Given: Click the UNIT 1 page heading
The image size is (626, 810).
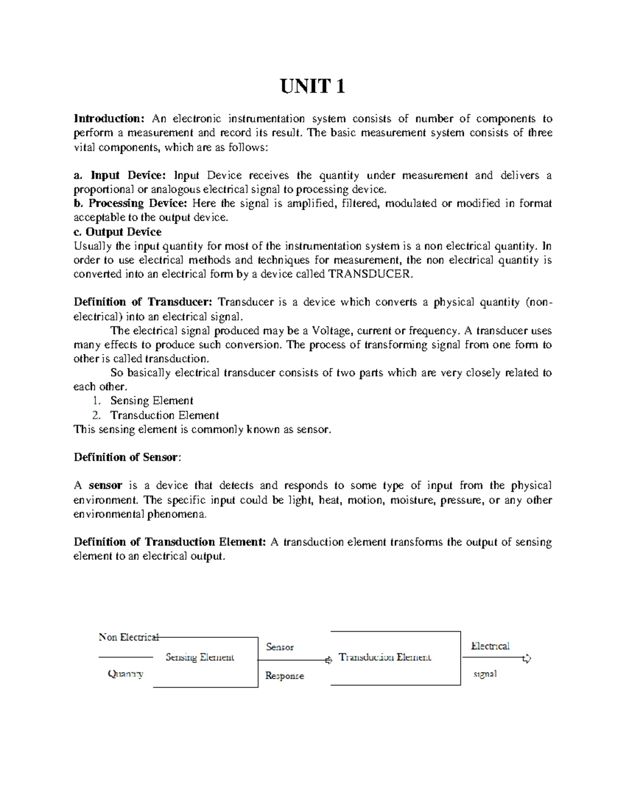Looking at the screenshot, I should tap(312, 86).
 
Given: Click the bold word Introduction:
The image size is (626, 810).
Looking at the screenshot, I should tap(109, 119).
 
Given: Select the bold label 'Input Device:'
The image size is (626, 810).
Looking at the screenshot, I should tap(128, 175).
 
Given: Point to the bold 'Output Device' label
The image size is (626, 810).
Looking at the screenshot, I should tap(123, 232).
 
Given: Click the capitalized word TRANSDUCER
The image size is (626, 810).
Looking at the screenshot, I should tap(370, 274).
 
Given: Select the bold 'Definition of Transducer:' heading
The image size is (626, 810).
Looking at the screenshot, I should tap(143, 302).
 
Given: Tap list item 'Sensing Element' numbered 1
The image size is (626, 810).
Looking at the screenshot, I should tap(151, 401).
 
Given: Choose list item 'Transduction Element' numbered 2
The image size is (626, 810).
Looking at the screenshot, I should tap(164, 415).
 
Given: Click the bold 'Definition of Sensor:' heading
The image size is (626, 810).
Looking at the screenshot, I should tap(127, 457).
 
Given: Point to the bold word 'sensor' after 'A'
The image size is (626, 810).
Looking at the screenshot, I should tap(105, 486).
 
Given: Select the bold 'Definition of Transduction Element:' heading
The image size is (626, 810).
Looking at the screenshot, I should tap(170, 542).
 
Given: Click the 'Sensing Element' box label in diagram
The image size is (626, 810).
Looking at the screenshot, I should tap(200, 657).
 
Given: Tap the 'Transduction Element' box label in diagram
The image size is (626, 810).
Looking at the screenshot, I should tap(385, 657).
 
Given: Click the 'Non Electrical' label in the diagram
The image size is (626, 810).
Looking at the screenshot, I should tap(128, 637).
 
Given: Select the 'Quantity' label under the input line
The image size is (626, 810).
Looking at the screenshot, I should tap(125, 674).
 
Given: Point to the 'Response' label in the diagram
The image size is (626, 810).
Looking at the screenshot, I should tap(284, 676).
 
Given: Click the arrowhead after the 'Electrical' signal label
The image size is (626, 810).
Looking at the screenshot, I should tap(527, 659).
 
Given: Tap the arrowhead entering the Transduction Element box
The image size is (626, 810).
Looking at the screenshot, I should tap(328, 660).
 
